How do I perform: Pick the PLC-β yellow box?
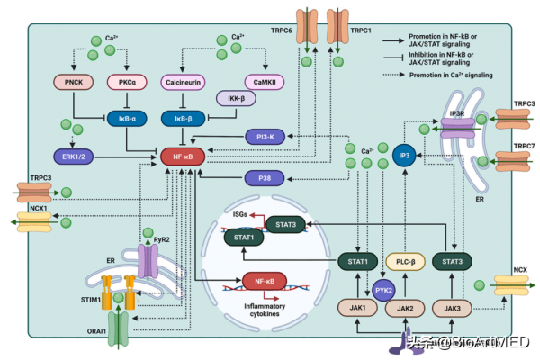pyautogui.click(x=404, y=262)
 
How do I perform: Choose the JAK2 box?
pyautogui.click(x=404, y=308)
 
